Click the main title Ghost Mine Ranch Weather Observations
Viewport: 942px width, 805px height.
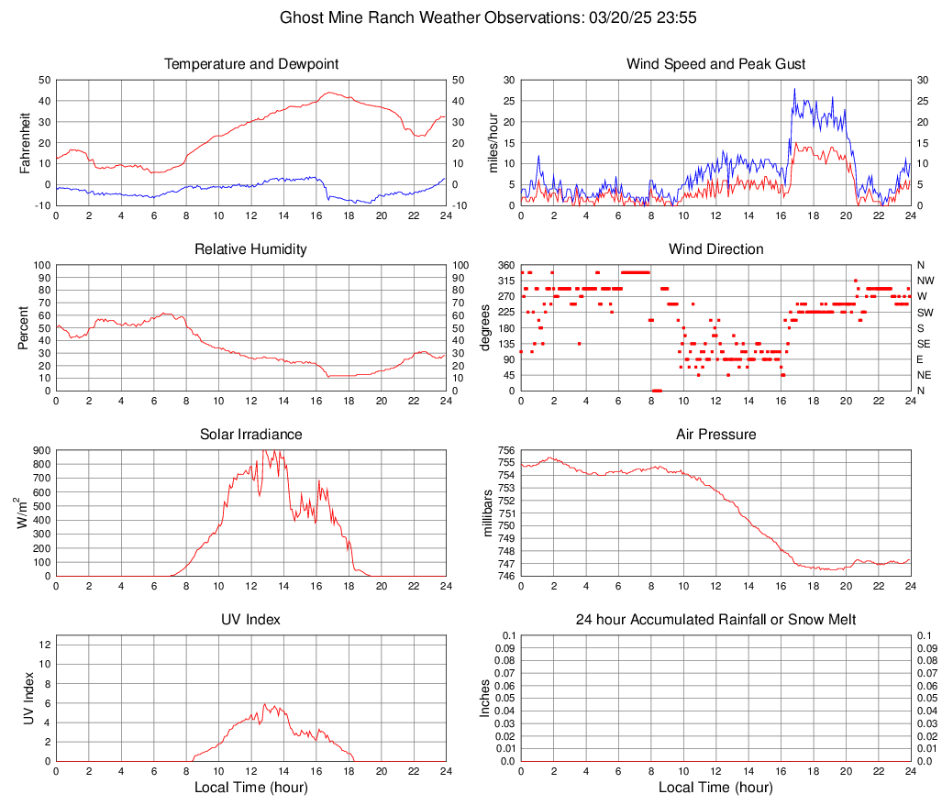pos(471,17)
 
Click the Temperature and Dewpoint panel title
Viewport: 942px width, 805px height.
pos(251,64)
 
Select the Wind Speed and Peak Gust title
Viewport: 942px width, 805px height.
pos(716,64)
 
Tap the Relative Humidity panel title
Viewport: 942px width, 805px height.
pos(251,249)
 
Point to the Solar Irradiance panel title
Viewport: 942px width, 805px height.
pos(251,435)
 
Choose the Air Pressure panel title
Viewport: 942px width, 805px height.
pos(716,435)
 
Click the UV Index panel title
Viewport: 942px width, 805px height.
pos(251,620)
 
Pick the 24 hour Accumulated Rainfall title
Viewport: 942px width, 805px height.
pos(716,620)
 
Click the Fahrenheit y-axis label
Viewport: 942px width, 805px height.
pos(25,142)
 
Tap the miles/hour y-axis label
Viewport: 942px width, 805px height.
pos(493,142)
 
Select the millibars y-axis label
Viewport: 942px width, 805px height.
pos(488,513)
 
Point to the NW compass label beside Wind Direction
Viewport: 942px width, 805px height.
pos(925,281)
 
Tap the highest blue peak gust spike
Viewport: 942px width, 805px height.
pos(794,89)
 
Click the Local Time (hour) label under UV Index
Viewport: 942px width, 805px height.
pos(251,787)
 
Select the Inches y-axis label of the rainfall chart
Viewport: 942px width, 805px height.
pos(486,699)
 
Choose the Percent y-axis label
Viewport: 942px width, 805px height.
pos(25,327)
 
